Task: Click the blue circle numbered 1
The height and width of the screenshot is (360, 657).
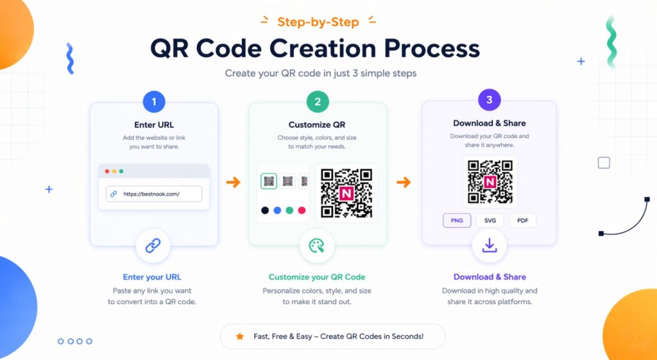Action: tap(154, 102)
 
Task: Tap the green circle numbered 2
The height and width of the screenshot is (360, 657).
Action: tap(318, 101)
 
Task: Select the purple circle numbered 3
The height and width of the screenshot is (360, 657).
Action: tap(490, 100)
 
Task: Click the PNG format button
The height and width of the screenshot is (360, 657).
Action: tap(457, 221)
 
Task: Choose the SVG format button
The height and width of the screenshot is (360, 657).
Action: tap(490, 221)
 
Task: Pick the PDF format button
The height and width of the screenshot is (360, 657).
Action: tap(522, 221)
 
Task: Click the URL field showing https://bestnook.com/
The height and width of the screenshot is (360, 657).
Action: tap(154, 194)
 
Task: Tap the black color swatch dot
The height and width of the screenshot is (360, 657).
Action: tap(265, 210)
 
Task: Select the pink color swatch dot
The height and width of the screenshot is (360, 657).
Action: tap(302, 210)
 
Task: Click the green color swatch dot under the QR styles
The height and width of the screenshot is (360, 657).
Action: tap(289, 210)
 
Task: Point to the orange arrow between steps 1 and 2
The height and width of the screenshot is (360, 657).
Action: tap(234, 182)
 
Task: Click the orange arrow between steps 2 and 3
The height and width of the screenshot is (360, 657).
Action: tap(404, 182)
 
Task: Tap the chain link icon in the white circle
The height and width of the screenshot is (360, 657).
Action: tap(153, 246)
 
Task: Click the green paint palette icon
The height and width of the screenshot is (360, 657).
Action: tap(317, 246)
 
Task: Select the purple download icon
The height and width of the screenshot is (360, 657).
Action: tap(490, 246)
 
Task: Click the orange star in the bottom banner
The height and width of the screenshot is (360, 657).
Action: tap(240, 336)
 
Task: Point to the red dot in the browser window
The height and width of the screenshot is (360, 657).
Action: tap(107, 171)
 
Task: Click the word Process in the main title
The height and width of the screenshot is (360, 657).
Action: tap(432, 48)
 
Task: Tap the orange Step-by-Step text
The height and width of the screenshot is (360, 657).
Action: tap(318, 22)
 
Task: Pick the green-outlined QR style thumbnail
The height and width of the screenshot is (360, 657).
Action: tap(269, 181)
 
